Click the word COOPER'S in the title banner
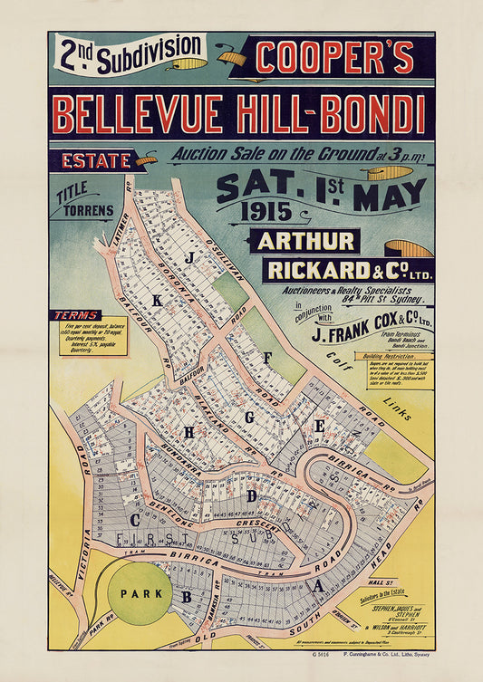(x=334, y=58)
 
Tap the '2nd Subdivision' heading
(x=130, y=55)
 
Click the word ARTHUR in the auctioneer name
(x=307, y=241)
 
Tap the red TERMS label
(x=77, y=315)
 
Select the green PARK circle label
(x=139, y=593)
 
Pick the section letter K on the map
(x=157, y=300)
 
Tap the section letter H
(x=188, y=433)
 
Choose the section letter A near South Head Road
(x=317, y=586)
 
